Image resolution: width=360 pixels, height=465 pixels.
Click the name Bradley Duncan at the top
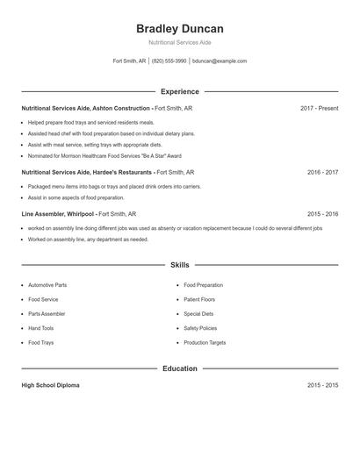tap(179, 29)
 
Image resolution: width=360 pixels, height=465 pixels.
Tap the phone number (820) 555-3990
tap(169, 61)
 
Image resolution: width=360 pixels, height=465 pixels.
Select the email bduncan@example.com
tap(220, 61)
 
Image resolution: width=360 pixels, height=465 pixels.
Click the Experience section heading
tap(179, 91)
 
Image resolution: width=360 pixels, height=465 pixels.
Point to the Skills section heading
tap(179, 264)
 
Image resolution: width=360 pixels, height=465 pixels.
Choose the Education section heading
tap(179, 368)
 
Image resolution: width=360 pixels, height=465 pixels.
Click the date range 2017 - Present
tap(319, 108)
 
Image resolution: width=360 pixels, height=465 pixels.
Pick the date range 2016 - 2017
tap(322, 173)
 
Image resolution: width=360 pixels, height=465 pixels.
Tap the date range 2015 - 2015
tap(322, 385)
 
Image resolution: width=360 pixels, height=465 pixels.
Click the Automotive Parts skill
tap(47, 285)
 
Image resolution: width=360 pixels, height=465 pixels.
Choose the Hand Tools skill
tap(40, 328)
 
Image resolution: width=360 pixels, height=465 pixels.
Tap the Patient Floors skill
tap(199, 299)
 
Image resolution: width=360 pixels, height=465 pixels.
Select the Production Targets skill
tap(205, 342)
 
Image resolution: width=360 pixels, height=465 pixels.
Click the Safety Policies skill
tap(200, 328)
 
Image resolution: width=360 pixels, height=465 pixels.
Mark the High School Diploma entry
tap(50, 385)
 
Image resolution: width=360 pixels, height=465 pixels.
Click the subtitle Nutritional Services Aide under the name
tap(179, 42)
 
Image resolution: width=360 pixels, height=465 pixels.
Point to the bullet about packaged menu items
tap(114, 187)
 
